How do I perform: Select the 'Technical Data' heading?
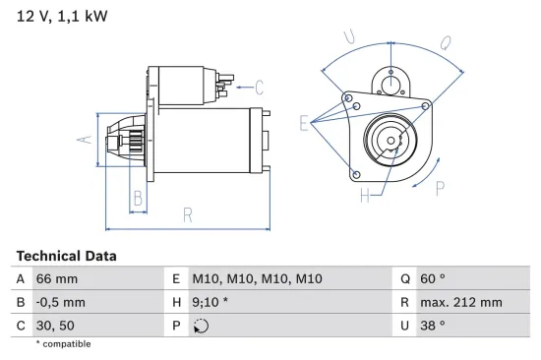[x=66, y=256]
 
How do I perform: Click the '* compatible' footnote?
[x=63, y=344]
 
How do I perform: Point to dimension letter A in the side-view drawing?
[x=85, y=140]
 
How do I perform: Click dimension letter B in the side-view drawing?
[x=139, y=198]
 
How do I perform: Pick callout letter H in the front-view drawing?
[x=364, y=196]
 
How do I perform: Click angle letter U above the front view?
[x=349, y=37]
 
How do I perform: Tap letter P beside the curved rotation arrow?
[x=439, y=189]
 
